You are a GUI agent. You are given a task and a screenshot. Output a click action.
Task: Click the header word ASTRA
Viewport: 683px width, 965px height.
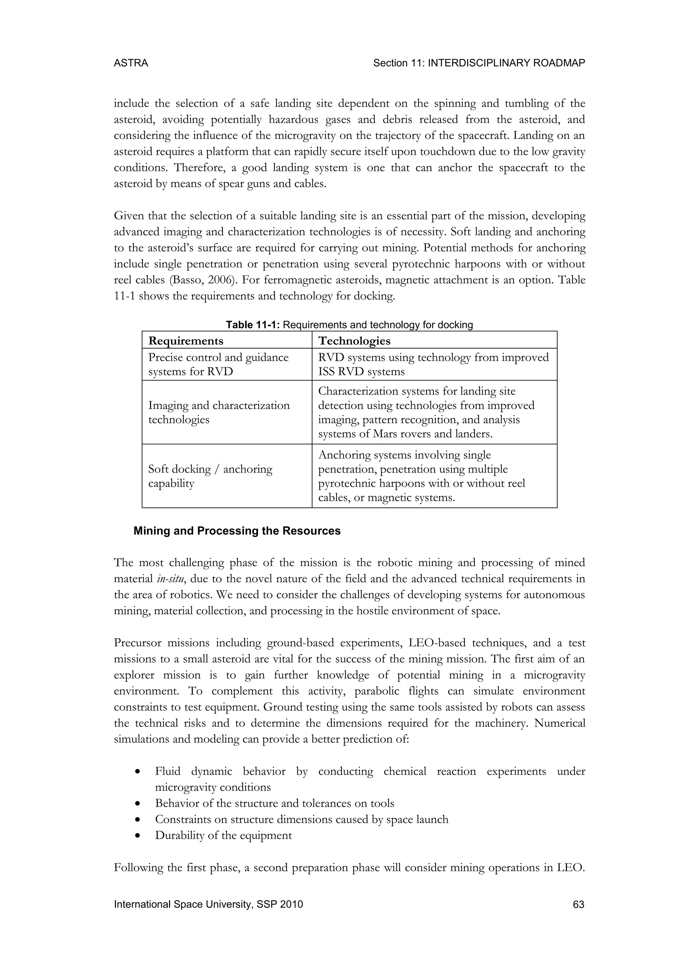[x=131, y=63]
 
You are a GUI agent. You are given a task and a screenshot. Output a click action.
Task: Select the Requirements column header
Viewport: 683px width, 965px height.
[x=185, y=341]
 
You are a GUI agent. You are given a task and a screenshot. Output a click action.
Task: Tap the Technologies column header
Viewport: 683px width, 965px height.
[x=354, y=341]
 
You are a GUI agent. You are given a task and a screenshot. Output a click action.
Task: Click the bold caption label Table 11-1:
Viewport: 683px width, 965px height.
[x=253, y=325]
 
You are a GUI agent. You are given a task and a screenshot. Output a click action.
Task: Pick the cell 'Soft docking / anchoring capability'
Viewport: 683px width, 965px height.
[x=210, y=476]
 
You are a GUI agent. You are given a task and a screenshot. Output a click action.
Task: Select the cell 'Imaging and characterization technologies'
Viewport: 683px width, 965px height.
[x=219, y=412]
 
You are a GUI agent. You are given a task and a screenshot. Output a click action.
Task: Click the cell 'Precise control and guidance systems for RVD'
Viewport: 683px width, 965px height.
[x=218, y=365]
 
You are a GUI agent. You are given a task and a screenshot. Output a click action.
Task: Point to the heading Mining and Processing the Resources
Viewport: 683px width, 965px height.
[x=237, y=531]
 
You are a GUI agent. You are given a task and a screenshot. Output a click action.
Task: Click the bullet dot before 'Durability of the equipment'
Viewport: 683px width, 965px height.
[x=137, y=836]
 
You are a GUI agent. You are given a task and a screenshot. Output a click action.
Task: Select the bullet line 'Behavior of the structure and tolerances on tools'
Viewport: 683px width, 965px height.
[x=274, y=803]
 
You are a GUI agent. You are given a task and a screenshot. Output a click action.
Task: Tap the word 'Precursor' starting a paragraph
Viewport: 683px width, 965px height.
[x=137, y=643]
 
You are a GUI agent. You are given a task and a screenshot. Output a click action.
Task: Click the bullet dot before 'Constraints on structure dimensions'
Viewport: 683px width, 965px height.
[x=137, y=820]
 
